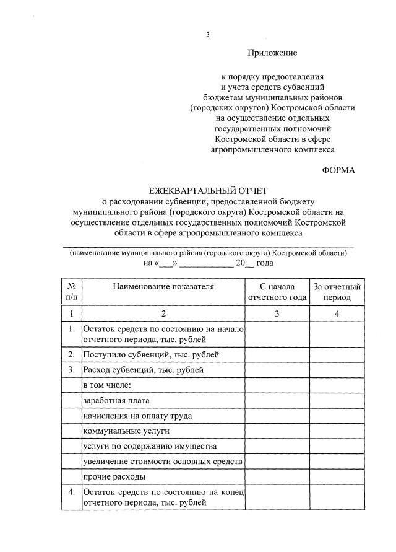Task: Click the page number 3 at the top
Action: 208,35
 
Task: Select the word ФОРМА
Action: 339,170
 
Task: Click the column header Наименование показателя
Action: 163,286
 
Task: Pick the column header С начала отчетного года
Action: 277,292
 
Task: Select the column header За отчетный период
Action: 337,292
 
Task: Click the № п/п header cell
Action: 72,292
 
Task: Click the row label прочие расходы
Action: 114,476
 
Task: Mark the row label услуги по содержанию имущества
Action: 149,446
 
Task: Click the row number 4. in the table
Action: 72,492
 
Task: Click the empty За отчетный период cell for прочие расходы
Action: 337,476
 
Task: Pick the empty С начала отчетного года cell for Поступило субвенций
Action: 277,355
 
